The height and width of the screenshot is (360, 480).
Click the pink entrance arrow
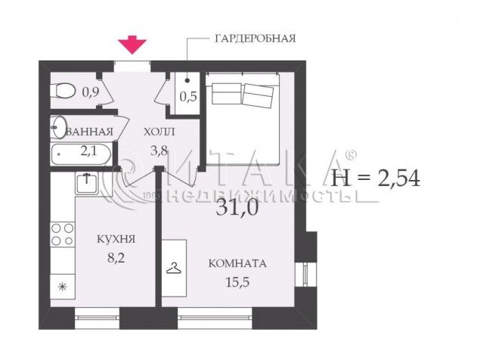click(x=132, y=45)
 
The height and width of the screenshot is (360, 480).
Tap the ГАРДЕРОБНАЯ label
click(x=255, y=39)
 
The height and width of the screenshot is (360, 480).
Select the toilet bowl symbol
click(x=63, y=91)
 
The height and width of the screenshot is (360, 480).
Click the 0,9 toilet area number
click(x=90, y=92)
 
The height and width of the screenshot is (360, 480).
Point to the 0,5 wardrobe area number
click(x=188, y=97)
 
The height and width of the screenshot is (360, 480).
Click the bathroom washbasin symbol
click(x=58, y=127)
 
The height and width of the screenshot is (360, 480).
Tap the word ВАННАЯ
click(x=90, y=132)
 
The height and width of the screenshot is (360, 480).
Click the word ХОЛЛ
click(x=159, y=132)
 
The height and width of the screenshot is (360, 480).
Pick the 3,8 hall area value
click(x=159, y=151)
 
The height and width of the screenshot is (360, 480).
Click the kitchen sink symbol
click(x=87, y=183)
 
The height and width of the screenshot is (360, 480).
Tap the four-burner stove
click(x=63, y=234)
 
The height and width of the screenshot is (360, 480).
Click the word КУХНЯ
click(x=116, y=239)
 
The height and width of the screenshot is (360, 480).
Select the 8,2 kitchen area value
click(x=116, y=258)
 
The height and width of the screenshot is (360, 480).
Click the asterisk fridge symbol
click(x=63, y=287)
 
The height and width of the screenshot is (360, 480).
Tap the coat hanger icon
click(x=174, y=268)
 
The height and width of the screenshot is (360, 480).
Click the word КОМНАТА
click(x=237, y=263)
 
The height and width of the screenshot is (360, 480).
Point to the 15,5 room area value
click(x=237, y=282)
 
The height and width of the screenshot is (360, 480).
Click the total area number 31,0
click(x=237, y=207)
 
